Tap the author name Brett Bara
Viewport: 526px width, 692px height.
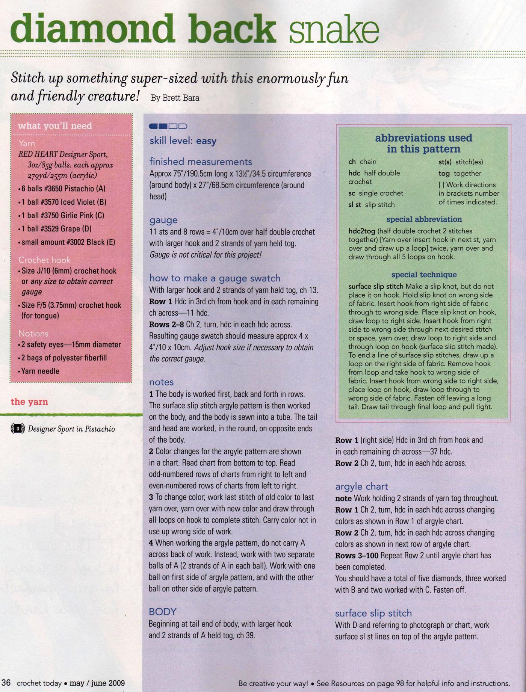pyautogui.click(x=175, y=98)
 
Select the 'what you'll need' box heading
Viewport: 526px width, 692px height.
pyautogui.click(x=55, y=126)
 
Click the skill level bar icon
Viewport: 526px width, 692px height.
pyautogui.click(x=168, y=126)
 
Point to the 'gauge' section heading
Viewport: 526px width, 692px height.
pyautogui.click(x=163, y=220)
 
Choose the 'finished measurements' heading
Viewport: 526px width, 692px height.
pyautogui.click(x=201, y=162)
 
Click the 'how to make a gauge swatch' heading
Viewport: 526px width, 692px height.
pyautogui.click(x=215, y=278)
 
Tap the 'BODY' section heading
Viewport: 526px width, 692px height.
pyautogui.click(x=162, y=612)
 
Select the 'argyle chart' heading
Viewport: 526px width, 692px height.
pyautogui.click(x=361, y=487)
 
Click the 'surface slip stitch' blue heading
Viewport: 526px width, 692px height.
pyautogui.click(x=373, y=613)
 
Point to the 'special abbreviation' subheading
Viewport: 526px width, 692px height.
pyautogui.click(x=424, y=219)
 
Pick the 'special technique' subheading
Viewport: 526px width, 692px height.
pyautogui.click(x=424, y=275)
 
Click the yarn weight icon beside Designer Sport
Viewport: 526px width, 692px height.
pyautogui.click(x=18, y=429)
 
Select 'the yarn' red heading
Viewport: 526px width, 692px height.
pyautogui.click(x=29, y=402)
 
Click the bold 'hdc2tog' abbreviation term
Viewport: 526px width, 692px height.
pyautogui.click(x=361, y=231)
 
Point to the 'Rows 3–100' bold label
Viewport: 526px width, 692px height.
pyautogui.click(x=357, y=555)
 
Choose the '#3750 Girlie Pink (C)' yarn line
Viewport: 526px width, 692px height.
pyautogui.click(x=63, y=215)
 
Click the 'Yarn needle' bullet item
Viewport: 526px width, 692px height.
pyautogui.click(x=40, y=371)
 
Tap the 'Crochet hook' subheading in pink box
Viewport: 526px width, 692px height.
pyautogui.click(x=44, y=260)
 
